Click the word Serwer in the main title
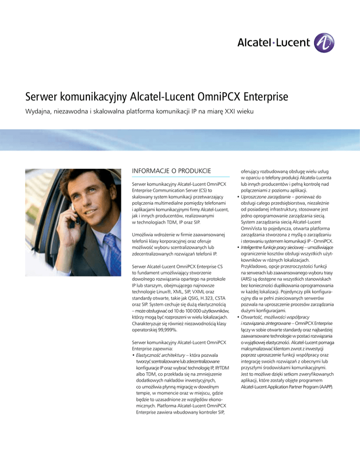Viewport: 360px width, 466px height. pyautogui.click(x=44, y=100)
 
